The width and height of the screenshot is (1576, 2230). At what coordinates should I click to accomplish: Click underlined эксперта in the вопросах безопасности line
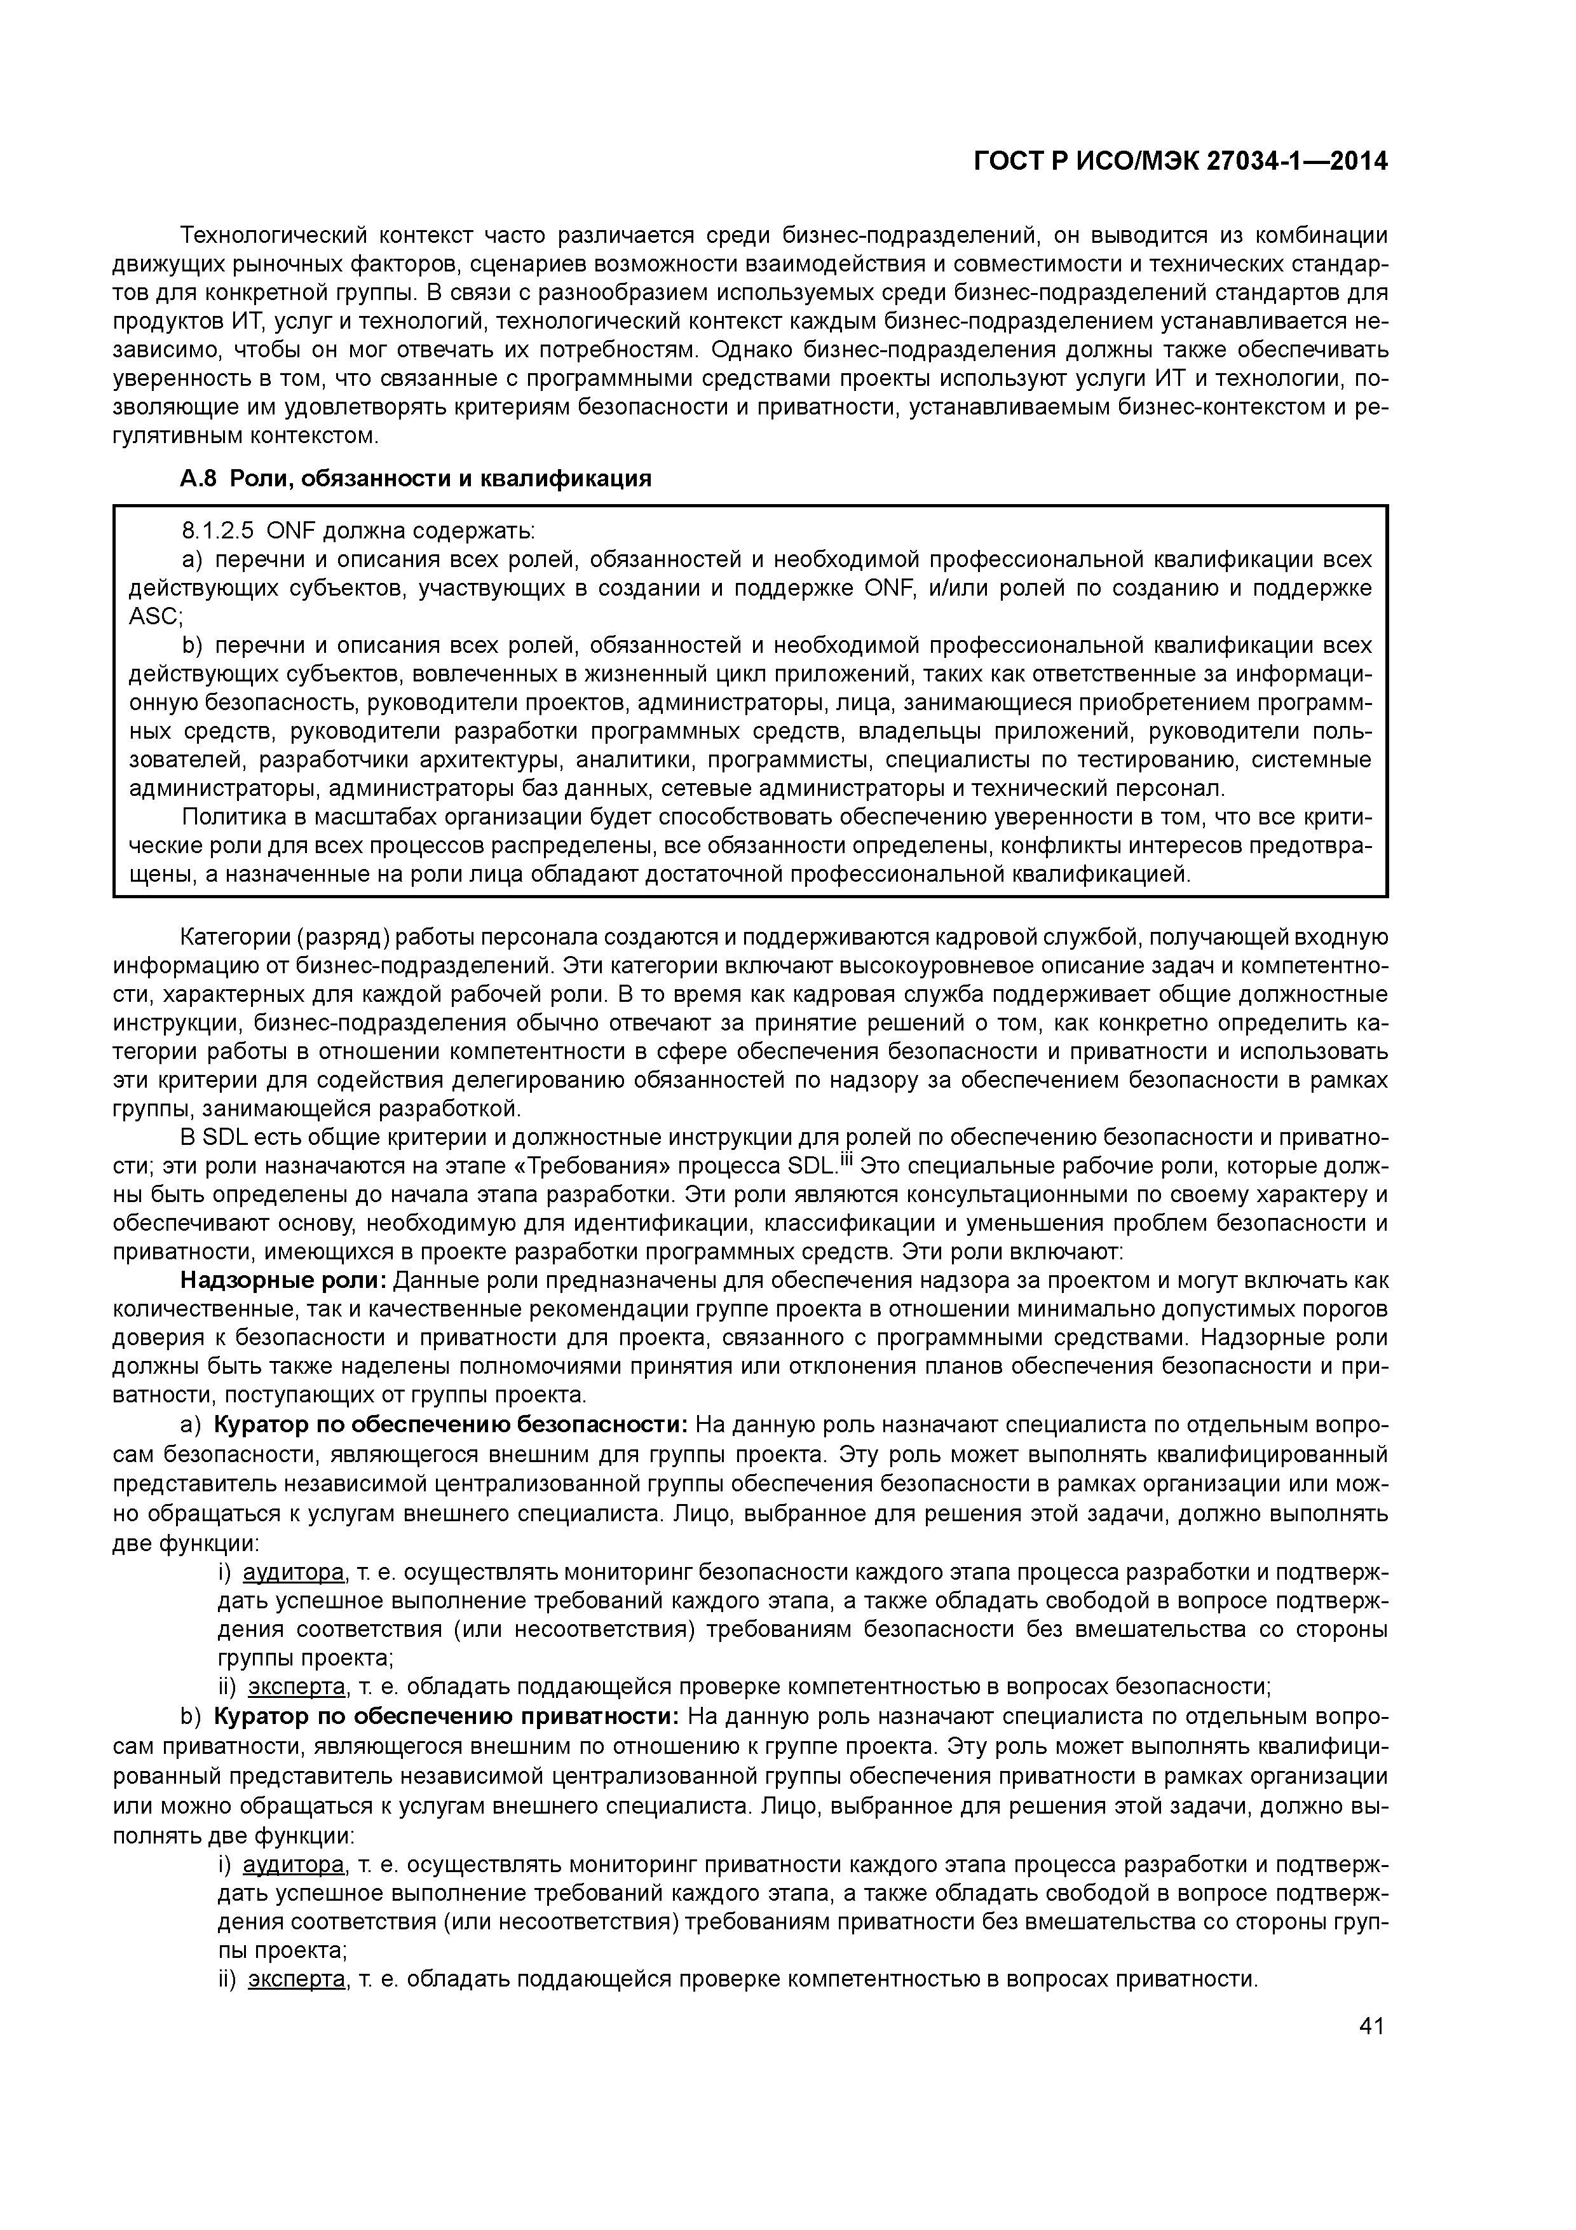296,1685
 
